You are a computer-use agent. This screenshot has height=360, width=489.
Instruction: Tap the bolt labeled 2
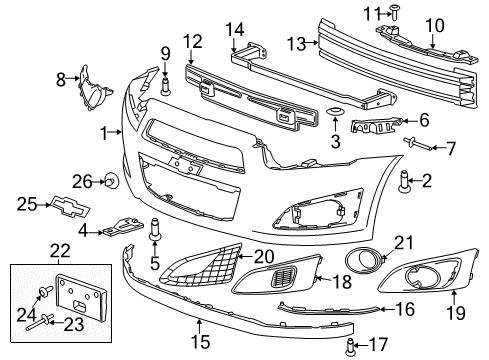405,183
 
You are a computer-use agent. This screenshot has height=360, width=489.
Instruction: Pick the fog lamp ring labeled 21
359,262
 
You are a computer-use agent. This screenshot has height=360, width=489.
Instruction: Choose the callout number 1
103,131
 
